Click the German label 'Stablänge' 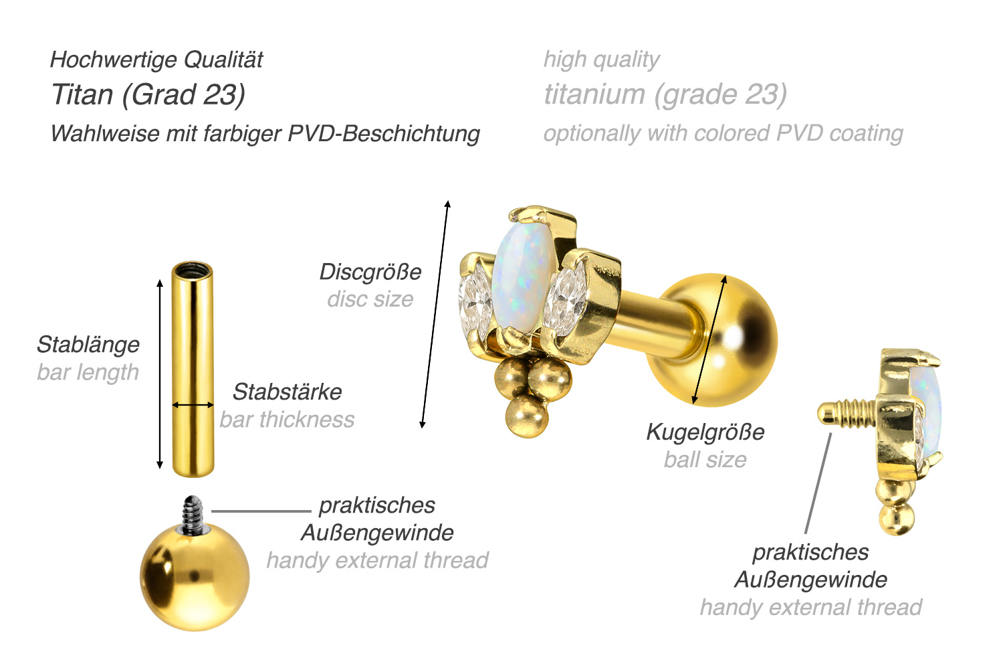88,345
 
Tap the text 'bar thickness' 287,420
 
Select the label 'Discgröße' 370,272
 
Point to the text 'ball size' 705,460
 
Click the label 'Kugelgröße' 705,432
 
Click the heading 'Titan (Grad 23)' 148,94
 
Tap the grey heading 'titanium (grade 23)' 665,94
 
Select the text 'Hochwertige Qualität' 156,60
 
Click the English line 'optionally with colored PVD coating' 723,133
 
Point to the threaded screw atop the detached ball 193,514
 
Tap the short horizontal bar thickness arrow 193,405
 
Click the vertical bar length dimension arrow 159,374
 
